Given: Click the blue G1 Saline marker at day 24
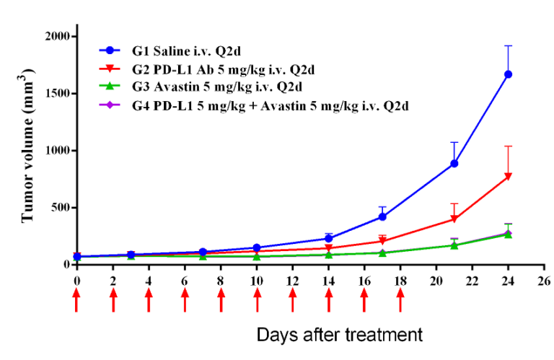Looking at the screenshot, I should coord(508,74).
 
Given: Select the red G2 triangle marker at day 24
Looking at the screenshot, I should coord(508,176).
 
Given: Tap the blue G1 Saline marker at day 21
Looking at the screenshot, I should coord(454,164).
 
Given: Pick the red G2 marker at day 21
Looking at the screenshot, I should coord(454,219).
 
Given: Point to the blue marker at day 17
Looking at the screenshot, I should coord(382,216).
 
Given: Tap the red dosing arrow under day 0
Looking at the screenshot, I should coord(76,300).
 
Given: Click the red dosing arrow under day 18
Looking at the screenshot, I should coord(400,300).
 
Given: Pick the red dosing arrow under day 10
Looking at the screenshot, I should coord(257,300).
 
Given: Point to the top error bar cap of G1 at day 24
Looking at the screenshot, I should coord(508,45).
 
